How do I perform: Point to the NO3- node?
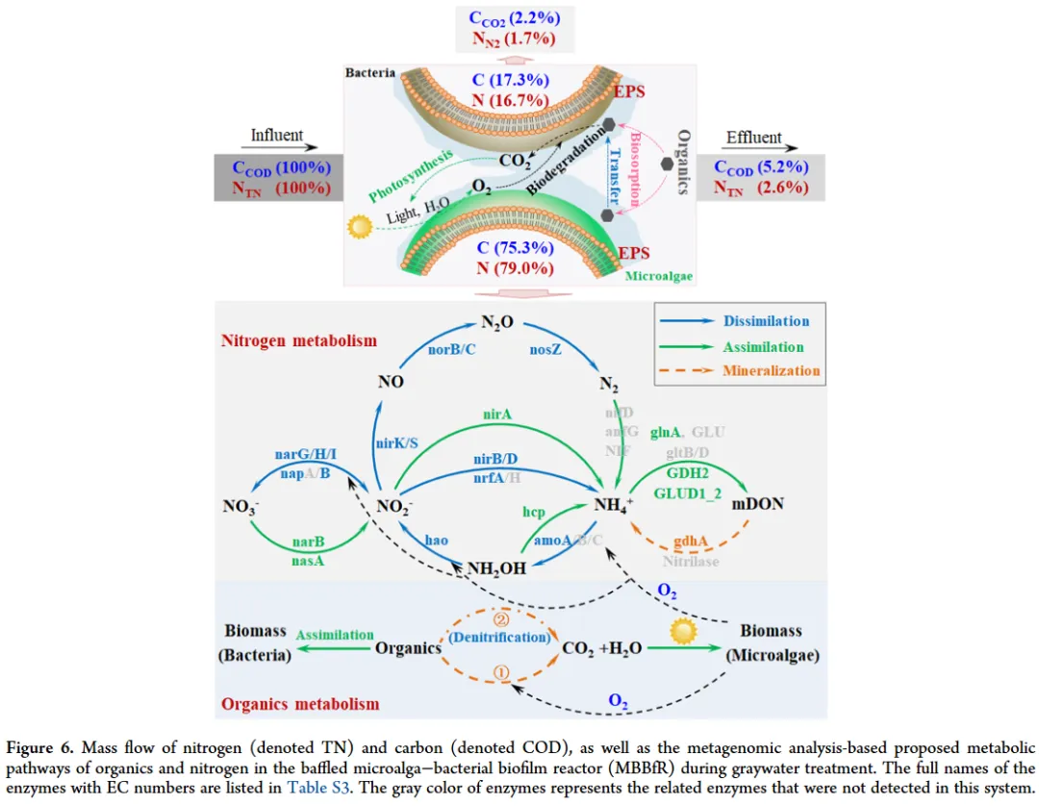241,506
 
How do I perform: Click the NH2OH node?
497,567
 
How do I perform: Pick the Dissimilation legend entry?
767,321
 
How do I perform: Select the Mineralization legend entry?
772,370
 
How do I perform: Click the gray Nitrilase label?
691,561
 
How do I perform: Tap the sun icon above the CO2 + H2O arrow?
682,631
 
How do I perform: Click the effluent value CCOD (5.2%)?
761,167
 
